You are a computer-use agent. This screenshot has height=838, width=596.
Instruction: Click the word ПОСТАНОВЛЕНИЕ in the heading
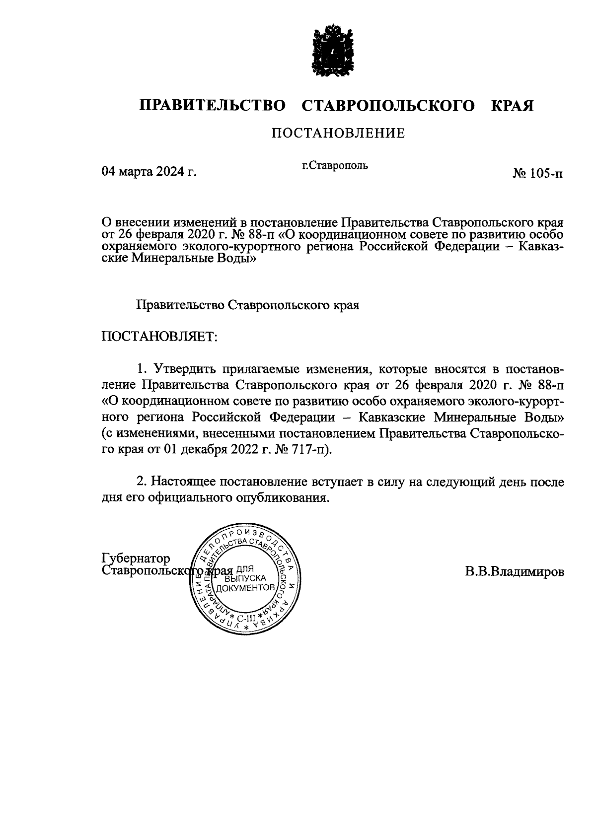coord(338,133)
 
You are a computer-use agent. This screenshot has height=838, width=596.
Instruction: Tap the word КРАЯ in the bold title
coord(512,106)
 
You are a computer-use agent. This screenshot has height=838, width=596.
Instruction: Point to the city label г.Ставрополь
coord(335,165)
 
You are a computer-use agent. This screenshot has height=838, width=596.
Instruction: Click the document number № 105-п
coord(538,174)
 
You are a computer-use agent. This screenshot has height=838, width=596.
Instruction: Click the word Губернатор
coord(136,558)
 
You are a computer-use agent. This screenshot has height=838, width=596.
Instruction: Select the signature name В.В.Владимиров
coord(515,572)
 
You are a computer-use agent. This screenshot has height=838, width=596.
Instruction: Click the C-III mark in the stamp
coord(245,618)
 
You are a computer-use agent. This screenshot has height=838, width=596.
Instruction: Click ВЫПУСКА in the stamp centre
coord(246,578)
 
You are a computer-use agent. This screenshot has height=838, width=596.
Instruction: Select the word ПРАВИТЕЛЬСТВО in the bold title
coord(213,106)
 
